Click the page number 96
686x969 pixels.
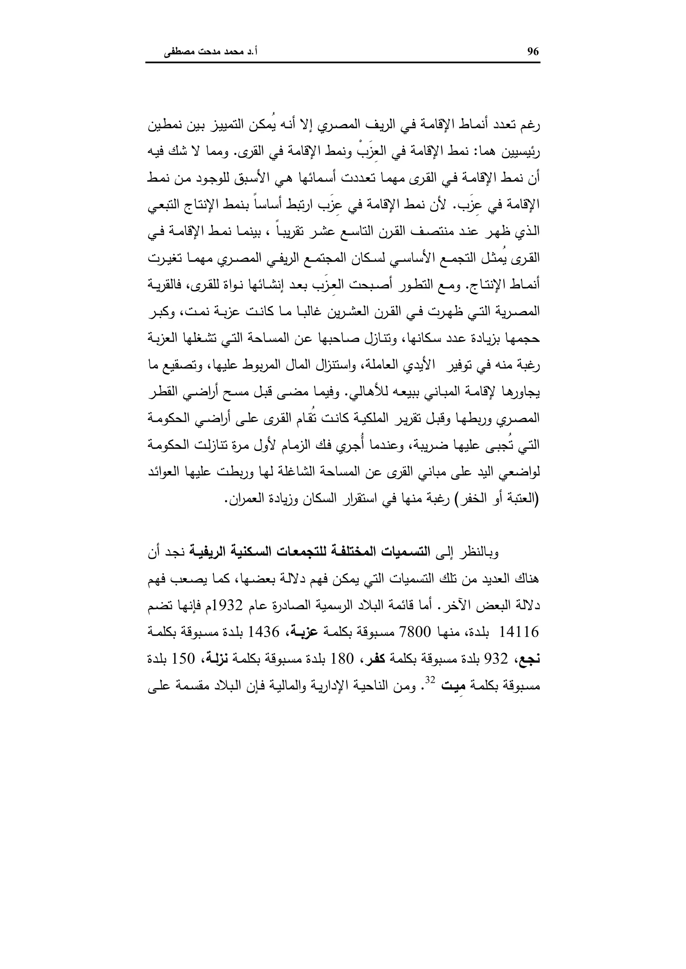click(533, 52)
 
